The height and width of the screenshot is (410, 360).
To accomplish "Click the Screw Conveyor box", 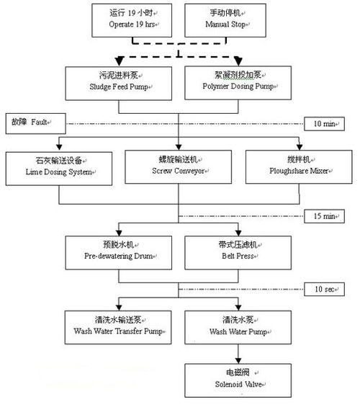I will point(178,167).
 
